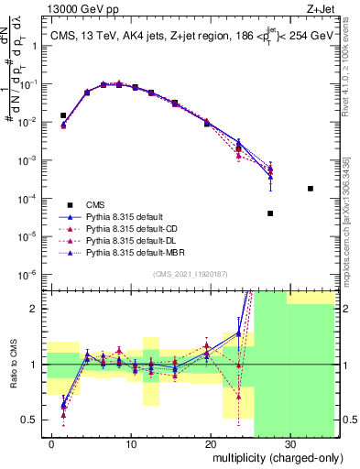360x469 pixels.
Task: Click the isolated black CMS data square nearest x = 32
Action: pyautogui.click(x=311, y=189)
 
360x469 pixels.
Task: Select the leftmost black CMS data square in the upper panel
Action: pyautogui.click(x=63, y=115)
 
